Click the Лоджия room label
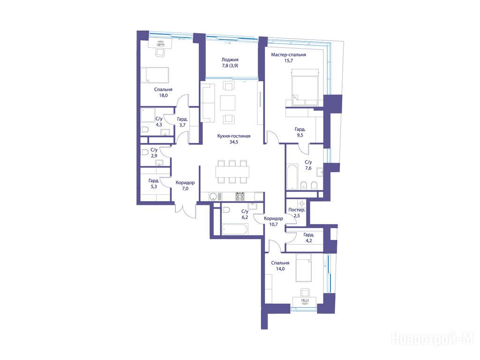pyautogui.click(x=230, y=60)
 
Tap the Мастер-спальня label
pyautogui.click(x=288, y=55)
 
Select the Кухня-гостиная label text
pyautogui.click(x=233, y=136)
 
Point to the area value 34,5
pyautogui.click(x=233, y=142)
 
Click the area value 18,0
pyautogui.click(x=163, y=95)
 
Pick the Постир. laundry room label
pyautogui.click(x=297, y=210)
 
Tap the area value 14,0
pyautogui.click(x=280, y=269)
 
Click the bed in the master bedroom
pyautogui.click(x=304, y=87)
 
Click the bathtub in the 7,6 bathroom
pyautogui.click(x=292, y=177)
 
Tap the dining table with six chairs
pyautogui.click(x=232, y=172)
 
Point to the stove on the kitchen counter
pyautogui.click(x=240, y=196)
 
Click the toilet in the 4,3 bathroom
pyautogui.click(x=144, y=130)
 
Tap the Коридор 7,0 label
pyautogui.click(x=185, y=186)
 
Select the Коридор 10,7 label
pyautogui.click(x=273, y=221)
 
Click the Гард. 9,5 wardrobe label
pyautogui.click(x=300, y=132)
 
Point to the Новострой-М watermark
pyautogui.click(x=432, y=339)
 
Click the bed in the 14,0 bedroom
pyautogui.click(x=303, y=267)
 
